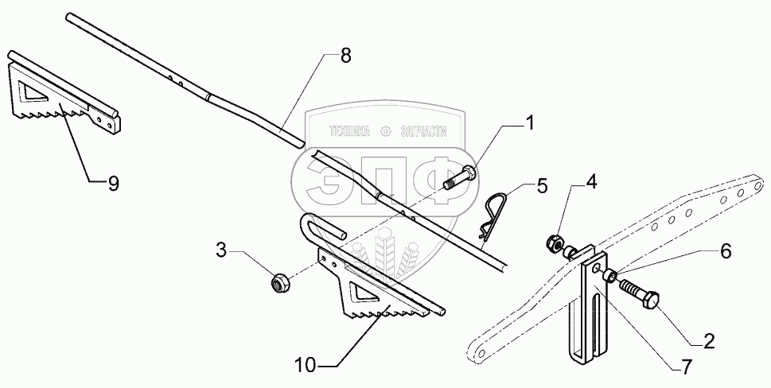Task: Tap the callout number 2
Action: coord(707,341)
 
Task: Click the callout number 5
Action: coord(542,187)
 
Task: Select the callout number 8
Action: coord(345,56)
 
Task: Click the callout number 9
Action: coord(113,182)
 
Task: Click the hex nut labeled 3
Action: coord(280,281)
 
